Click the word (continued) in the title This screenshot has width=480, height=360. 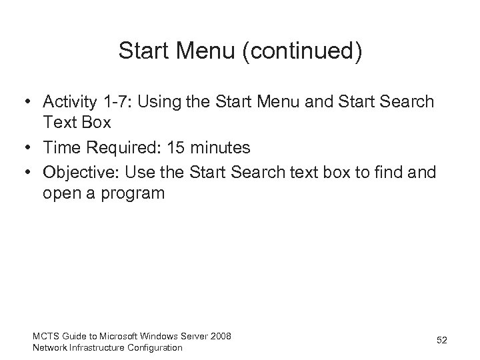click(x=304, y=52)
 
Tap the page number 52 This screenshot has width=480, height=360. click(x=441, y=341)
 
